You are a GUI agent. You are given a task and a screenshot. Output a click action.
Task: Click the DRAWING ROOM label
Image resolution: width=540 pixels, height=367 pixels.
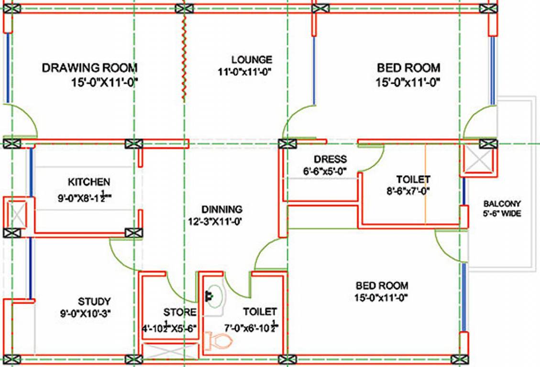(x=89, y=67)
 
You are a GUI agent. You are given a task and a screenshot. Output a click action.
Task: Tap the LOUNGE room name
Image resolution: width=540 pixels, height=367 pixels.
(x=252, y=60)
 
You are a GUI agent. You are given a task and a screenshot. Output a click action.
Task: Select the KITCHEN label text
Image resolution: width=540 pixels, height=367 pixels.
(x=88, y=182)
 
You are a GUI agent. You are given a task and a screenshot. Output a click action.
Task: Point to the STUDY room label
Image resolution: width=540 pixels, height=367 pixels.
(x=94, y=302)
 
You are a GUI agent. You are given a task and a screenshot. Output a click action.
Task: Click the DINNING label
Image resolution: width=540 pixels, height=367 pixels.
(x=221, y=209)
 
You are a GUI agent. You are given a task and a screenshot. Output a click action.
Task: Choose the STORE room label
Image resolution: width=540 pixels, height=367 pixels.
(x=180, y=313)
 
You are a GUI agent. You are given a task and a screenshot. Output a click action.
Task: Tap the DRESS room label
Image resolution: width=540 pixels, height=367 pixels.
(x=331, y=159)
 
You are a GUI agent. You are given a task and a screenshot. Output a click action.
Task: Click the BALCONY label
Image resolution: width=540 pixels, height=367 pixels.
(x=502, y=203)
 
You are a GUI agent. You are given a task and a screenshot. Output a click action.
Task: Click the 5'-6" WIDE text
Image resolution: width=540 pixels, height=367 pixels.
(x=502, y=214)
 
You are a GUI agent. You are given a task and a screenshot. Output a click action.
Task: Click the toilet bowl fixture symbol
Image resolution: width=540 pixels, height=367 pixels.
(x=219, y=341)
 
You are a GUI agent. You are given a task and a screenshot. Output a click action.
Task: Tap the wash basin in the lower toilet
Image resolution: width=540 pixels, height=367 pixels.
(x=214, y=296)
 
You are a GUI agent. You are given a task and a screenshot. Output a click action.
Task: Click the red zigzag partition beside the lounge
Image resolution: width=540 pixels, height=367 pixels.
(x=183, y=57)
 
